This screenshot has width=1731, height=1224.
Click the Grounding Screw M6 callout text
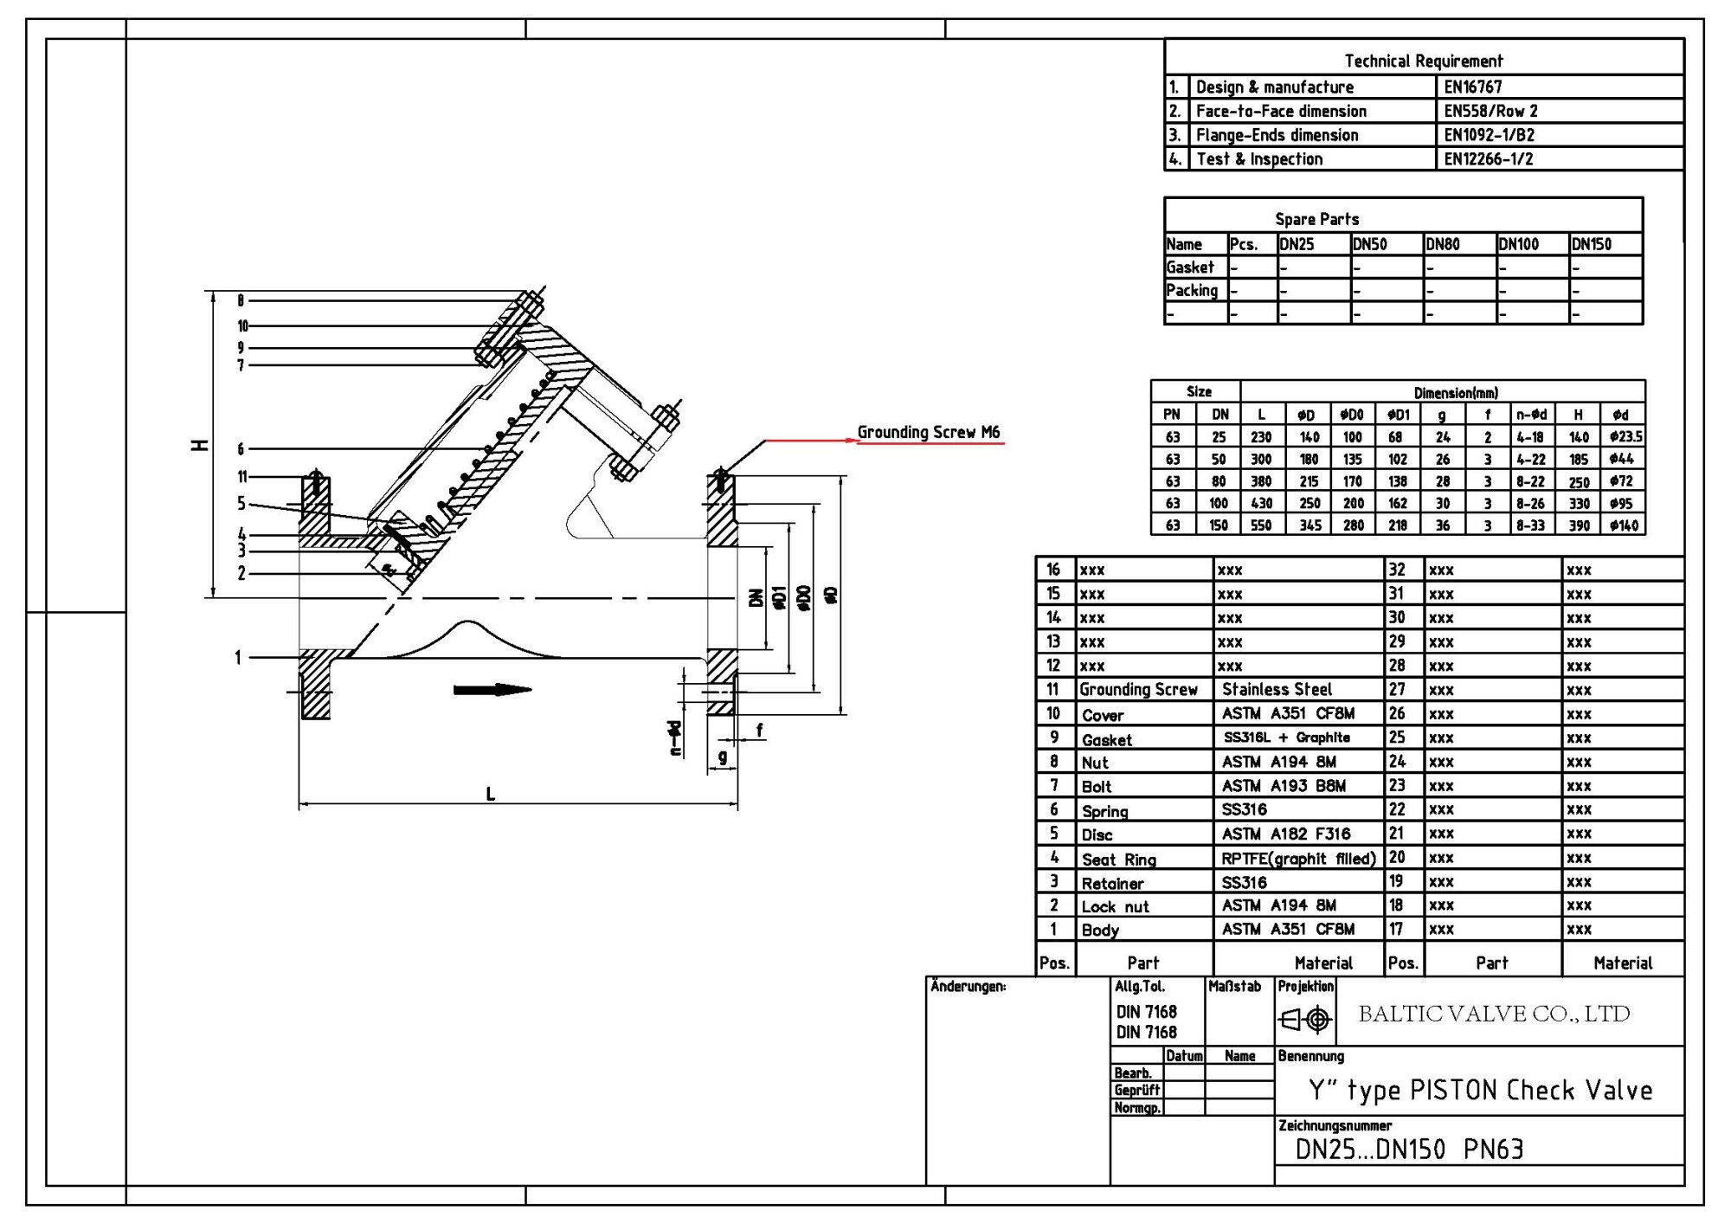(928, 432)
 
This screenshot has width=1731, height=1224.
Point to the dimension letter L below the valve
(490, 794)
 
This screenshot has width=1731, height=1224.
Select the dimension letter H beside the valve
(200, 445)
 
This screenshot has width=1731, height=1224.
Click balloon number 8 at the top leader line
(241, 300)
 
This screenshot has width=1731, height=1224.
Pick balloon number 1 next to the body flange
(238, 658)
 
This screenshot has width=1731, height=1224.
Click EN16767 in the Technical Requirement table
(1472, 87)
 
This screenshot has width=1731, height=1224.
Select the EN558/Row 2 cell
(1490, 111)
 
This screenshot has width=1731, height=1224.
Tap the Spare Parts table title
(1316, 219)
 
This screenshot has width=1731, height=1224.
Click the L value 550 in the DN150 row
(1261, 525)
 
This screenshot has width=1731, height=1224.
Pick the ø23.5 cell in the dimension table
(1625, 437)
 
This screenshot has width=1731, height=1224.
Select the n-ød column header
(1530, 415)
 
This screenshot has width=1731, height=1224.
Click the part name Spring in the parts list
(1104, 811)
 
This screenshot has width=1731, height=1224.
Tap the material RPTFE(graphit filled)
(1297, 859)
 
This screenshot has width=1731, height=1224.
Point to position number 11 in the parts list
(1052, 689)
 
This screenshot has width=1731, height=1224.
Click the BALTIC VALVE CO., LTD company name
(1494, 1014)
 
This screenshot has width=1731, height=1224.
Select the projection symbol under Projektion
(1305, 1020)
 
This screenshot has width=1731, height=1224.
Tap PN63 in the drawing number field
(1493, 1150)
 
